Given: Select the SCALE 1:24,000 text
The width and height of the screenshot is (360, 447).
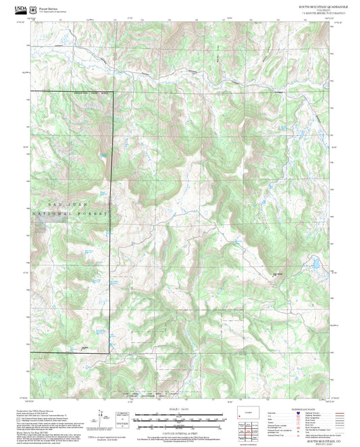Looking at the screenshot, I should [179, 408].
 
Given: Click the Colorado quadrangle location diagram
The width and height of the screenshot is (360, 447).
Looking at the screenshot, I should [245, 412].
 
